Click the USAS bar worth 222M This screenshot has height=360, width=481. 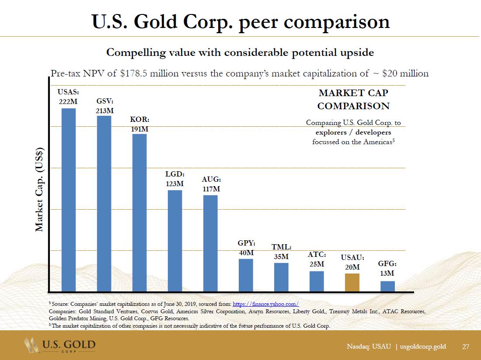coord(69,200)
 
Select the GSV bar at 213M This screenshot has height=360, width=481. coord(104,203)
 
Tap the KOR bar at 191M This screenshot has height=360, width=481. coord(139,212)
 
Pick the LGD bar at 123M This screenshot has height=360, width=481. coord(175,241)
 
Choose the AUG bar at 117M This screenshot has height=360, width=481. coord(210,243)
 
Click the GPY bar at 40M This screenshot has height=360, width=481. coord(246,275)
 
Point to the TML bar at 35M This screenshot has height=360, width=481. coord(281,277)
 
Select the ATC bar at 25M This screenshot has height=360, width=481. coord(317,281)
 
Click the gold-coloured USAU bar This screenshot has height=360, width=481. coord(352,282)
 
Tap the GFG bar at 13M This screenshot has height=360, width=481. coord(387,286)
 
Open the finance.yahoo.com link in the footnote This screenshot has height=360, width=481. coord(266,304)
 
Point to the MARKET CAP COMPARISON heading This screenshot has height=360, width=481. coord(353,99)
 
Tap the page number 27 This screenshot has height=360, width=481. coord(466,346)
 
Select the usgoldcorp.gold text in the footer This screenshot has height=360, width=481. coord(423,346)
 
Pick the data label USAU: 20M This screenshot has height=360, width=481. coord(352,263)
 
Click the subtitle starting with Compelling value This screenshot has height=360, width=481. coord(240,53)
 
